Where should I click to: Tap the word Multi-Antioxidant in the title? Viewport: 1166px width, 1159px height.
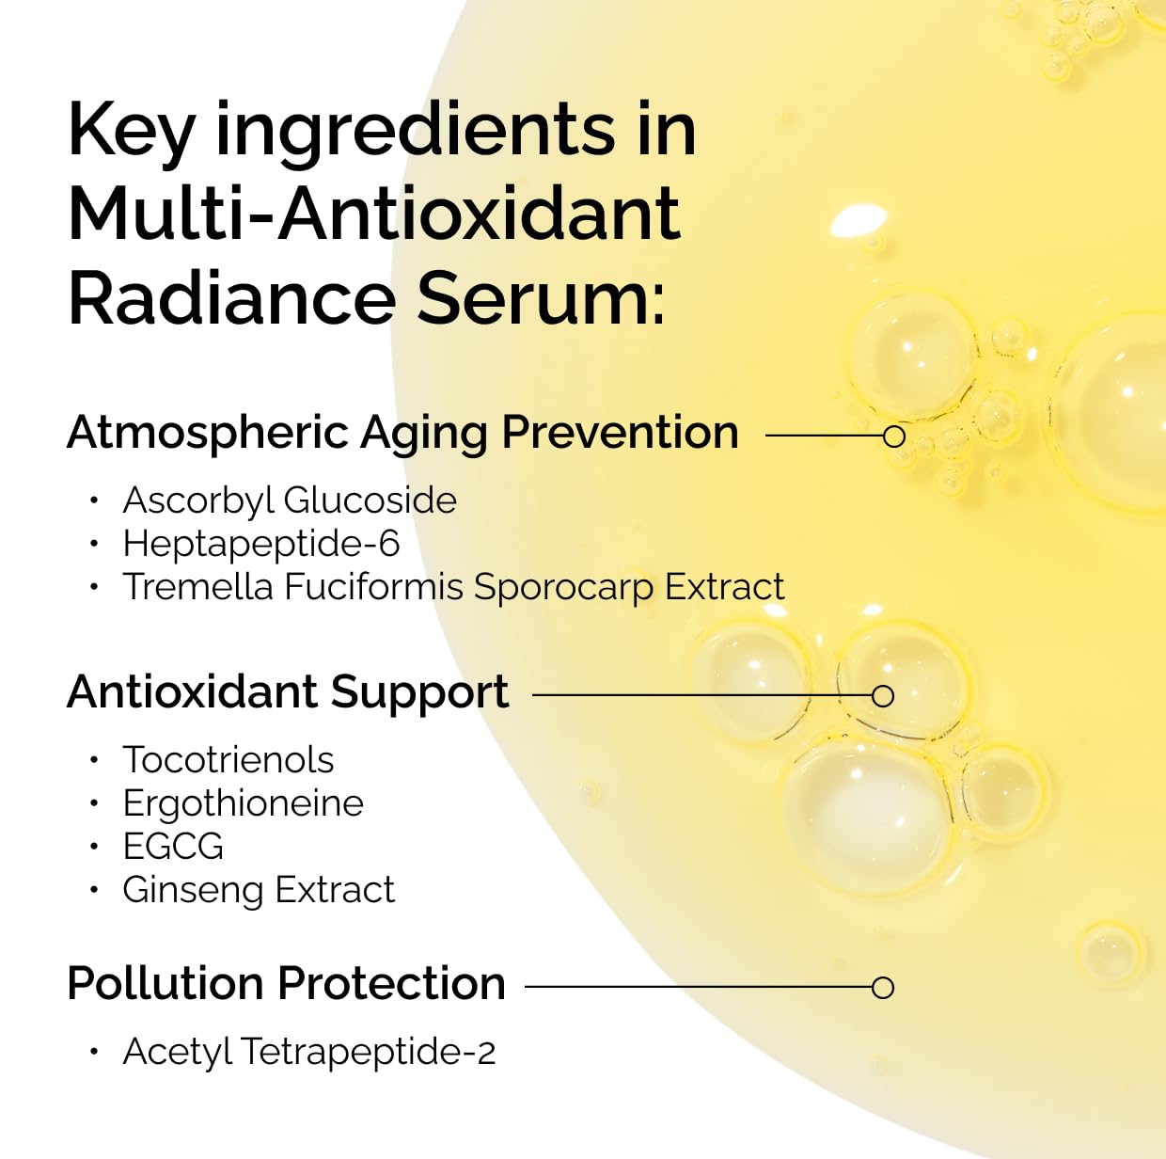click(x=373, y=213)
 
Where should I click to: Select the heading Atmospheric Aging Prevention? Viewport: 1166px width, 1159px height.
click(x=402, y=434)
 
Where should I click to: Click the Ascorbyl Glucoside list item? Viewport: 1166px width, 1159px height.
click(x=290, y=500)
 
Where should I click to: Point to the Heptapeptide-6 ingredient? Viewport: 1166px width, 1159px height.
click(x=261, y=544)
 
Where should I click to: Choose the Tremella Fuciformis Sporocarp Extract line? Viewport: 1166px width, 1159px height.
click(x=453, y=587)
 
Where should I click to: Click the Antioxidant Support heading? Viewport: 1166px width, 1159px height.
click(x=288, y=692)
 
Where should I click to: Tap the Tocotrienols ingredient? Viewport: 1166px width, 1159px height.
click(x=228, y=760)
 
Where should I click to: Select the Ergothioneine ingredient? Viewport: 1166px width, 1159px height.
click(x=243, y=803)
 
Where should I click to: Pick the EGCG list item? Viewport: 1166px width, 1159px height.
click(x=173, y=847)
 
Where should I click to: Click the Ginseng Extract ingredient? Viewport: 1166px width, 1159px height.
click(x=259, y=890)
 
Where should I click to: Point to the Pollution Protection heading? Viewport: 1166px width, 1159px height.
click(x=287, y=984)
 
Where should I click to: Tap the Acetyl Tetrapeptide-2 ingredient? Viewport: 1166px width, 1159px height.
click(x=308, y=1052)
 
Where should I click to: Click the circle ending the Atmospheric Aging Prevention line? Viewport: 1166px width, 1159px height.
click(x=894, y=436)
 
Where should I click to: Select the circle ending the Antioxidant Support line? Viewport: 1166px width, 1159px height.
click(x=882, y=696)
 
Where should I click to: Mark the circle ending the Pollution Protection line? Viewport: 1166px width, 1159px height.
click(x=882, y=988)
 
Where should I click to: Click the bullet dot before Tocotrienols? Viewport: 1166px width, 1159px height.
click(x=94, y=760)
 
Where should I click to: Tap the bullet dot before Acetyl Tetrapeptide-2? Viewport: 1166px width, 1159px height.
click(x=94, y=1052)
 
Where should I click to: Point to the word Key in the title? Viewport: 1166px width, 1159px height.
click(x=131, y=130)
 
